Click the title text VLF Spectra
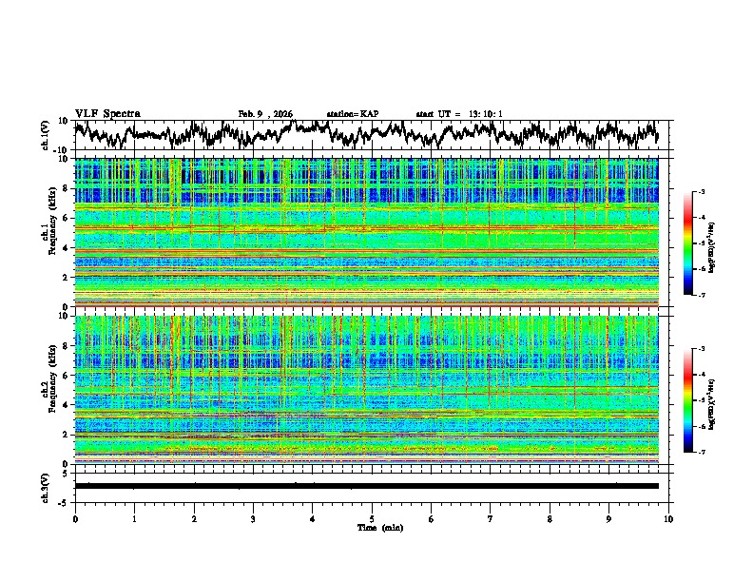coord(107,113)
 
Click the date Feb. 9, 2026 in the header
coord(265,114)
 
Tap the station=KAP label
coord(352,114)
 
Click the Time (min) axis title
coord(372,527)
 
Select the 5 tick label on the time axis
coord(372,518)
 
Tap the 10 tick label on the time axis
coord(668,518)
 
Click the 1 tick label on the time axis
coord(134,518)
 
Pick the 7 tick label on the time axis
coord(491,518)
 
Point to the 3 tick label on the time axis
coord(253,518)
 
